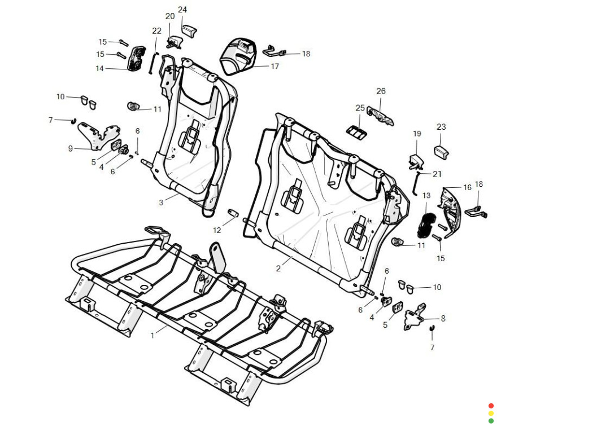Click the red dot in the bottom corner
[491, 406]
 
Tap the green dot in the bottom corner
[491, 420]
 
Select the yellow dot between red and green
[491, 413]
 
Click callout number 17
[275, 66]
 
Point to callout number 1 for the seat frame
[152, 335]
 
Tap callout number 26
[381, 91]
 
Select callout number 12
[217, 230]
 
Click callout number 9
[71, 148]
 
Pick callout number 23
[441, 127]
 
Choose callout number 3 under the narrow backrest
[161, 202]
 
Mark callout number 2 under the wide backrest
[278, 269]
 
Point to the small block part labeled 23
[441, 151]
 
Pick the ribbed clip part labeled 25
[357, 131]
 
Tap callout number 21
[437, 174]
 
